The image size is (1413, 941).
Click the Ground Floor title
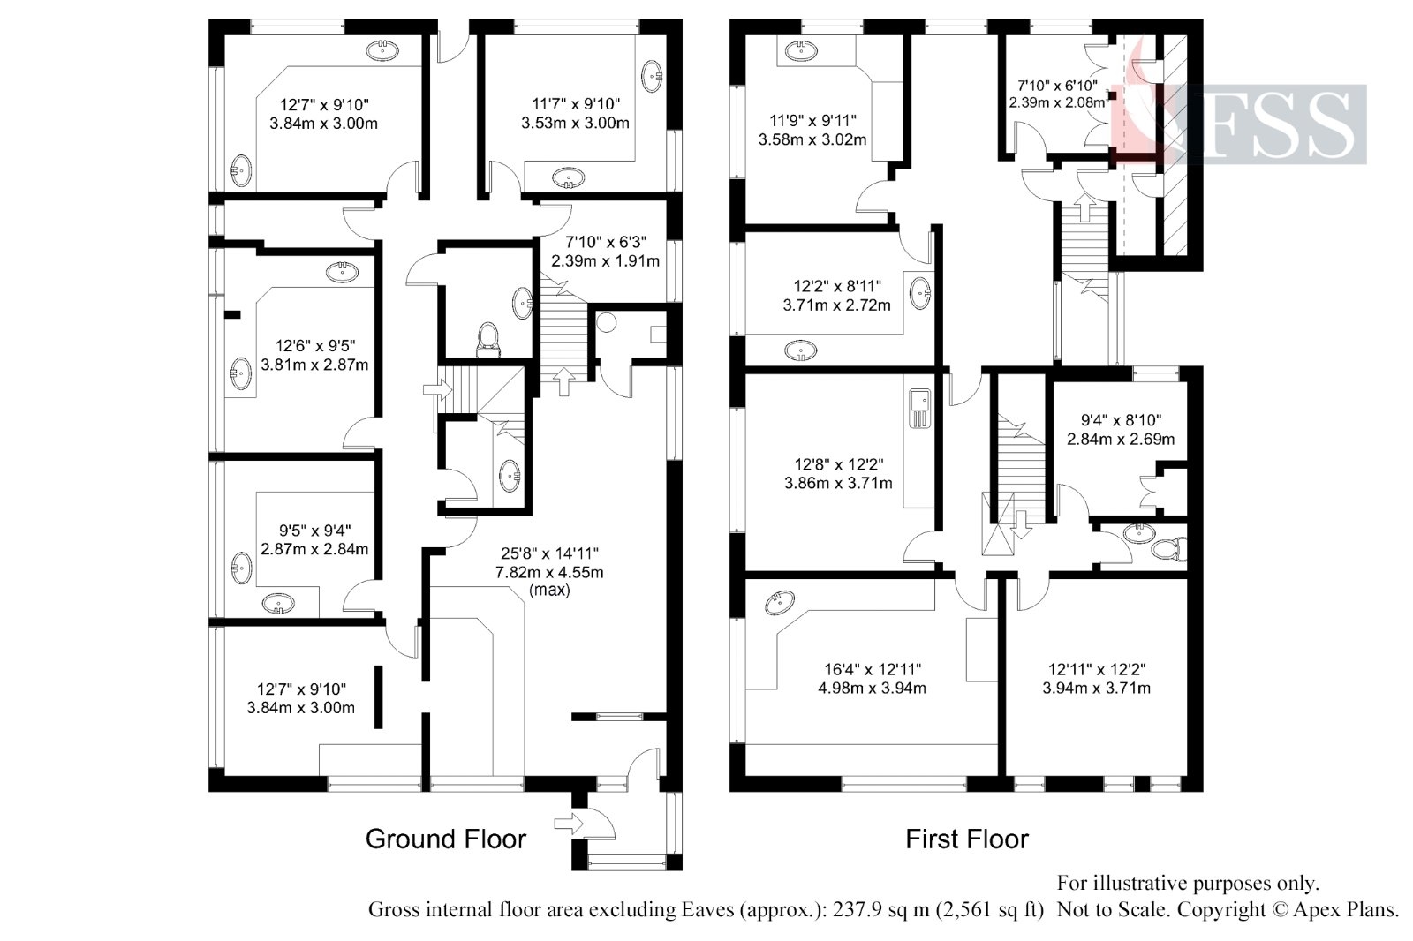[445, 839]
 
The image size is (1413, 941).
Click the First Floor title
[967, 839]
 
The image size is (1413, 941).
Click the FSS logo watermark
[1263, 124]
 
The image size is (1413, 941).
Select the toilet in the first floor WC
[1168, 549]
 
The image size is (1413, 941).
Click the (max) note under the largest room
[549, 590]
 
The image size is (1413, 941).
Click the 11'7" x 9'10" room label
[575, 113]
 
